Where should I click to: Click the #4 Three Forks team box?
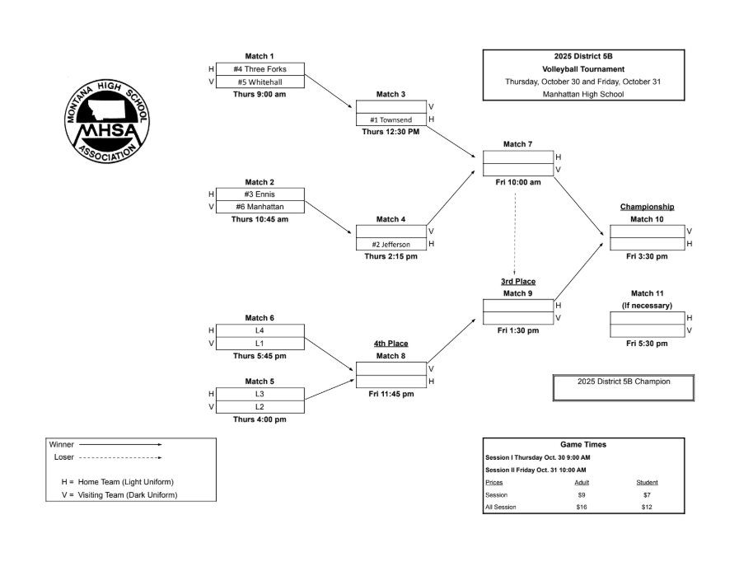pos(260,69)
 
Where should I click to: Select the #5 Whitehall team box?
pos(260,82)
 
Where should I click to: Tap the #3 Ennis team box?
pos(260,194)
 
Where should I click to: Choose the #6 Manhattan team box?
pos(260,207)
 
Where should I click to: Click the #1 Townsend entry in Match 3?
pos(391,119)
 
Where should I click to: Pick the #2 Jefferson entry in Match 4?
pos(391,245)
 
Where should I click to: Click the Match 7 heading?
pos(518,144)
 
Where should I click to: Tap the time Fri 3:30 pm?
pos(647,256)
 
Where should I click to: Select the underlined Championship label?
pos(647,207)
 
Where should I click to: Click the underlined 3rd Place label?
pos(518,281)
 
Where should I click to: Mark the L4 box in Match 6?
pos(260,330)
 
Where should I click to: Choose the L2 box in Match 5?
pos(260,406)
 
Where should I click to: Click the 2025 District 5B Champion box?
pos(624,382)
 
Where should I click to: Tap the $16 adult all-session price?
pos(582,507)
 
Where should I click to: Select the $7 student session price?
pos(647,494)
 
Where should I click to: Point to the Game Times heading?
pos(583,444)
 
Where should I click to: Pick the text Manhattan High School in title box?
pos(583,94)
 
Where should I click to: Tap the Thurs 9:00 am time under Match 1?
pos(260,94)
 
